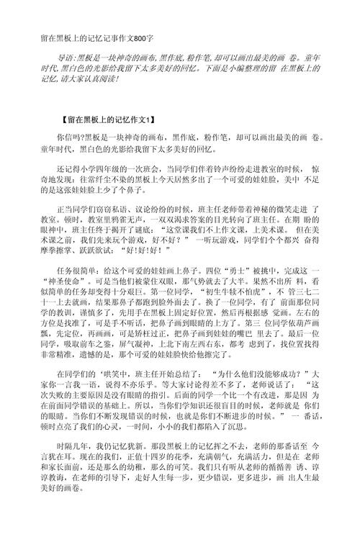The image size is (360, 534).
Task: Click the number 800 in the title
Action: pyautogui.click(x=148, y=37)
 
